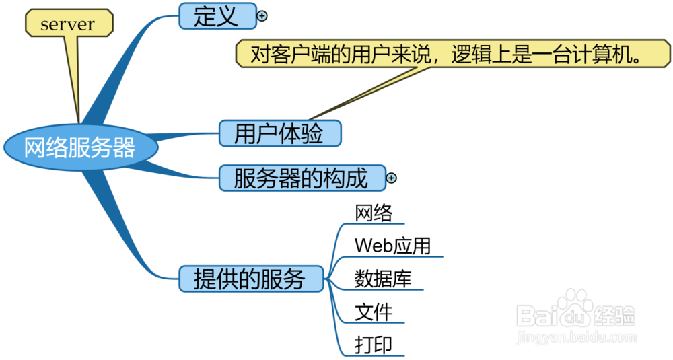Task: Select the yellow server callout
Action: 68,25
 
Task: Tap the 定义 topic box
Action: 217,16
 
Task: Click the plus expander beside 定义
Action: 262,16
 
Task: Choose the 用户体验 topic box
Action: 279,133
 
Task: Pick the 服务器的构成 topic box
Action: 302,178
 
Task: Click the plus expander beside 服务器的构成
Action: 392,178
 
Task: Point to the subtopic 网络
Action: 374,213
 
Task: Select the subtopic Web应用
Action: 392,246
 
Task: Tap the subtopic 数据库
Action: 383,279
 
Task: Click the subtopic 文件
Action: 374,312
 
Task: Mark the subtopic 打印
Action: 374,345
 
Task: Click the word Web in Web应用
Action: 371,246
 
